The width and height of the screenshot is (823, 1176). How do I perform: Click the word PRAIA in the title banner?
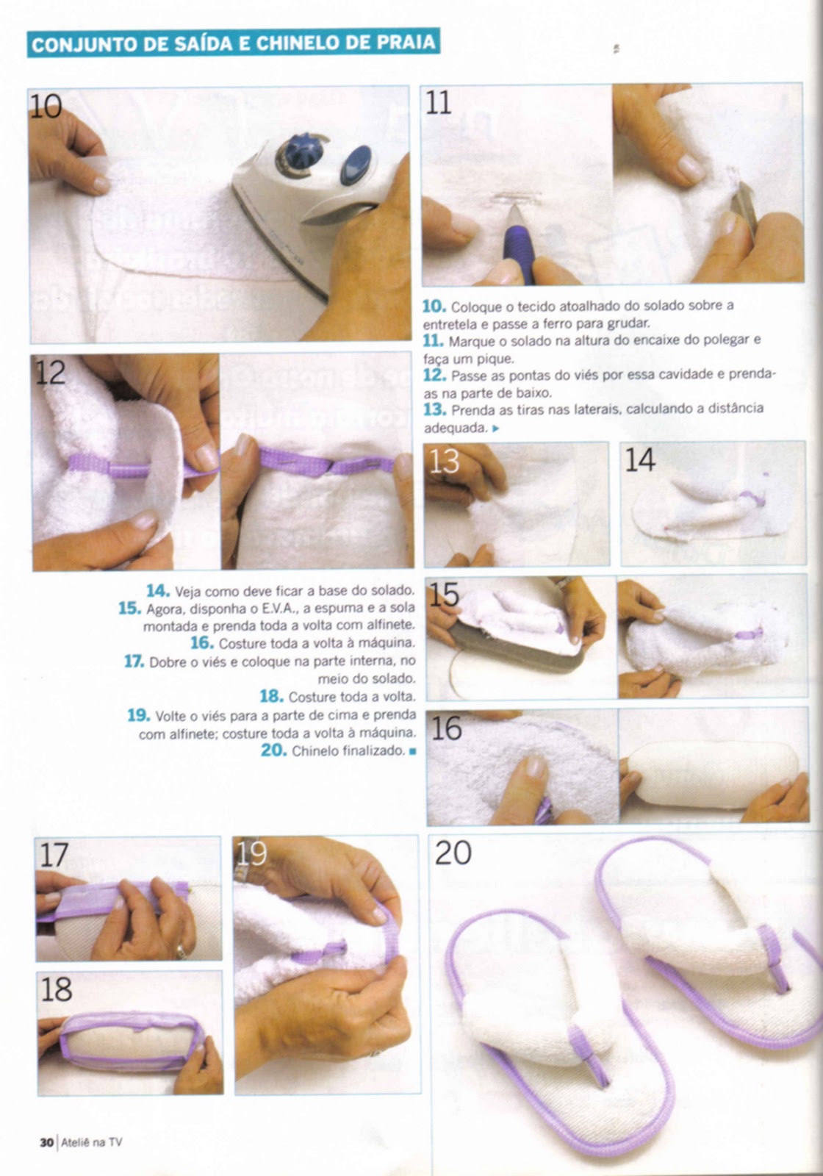[406, 43]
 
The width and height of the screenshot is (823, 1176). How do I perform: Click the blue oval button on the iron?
[356, 165]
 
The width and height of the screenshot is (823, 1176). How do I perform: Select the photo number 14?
[640, 459]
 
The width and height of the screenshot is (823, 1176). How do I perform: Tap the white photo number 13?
[444, 462]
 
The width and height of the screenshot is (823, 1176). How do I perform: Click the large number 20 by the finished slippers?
[453, 853]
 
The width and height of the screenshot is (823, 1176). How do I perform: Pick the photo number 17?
[54, 855]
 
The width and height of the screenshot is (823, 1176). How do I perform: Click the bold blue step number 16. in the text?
[202, 642]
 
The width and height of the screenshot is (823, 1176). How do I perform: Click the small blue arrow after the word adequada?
[496, 429]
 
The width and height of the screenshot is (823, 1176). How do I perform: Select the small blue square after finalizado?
[412, 751]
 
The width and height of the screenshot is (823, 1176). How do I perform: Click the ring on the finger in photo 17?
[180, 951]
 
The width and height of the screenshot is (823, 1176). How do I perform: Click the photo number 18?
[56, 989]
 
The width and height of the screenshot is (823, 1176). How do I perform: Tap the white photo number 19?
[251, 854]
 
